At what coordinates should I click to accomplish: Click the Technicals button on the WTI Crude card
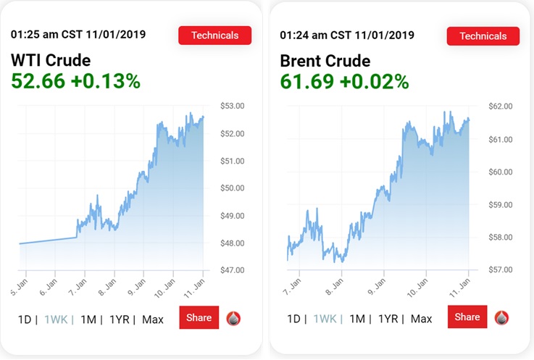(214, 35)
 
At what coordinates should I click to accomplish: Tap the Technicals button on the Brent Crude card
(483, 35)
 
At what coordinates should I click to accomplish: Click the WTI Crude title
(51, 61)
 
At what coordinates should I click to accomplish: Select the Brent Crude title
(325, 61)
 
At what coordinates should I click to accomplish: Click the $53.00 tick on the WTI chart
(232, 106)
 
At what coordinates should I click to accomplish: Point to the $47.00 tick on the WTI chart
(232, 270)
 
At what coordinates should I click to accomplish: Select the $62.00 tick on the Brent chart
(500, 106)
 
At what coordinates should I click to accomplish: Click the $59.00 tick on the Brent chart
(500, 205)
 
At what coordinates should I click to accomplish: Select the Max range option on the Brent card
(421, 319)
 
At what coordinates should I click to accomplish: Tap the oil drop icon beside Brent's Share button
(501, 317)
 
